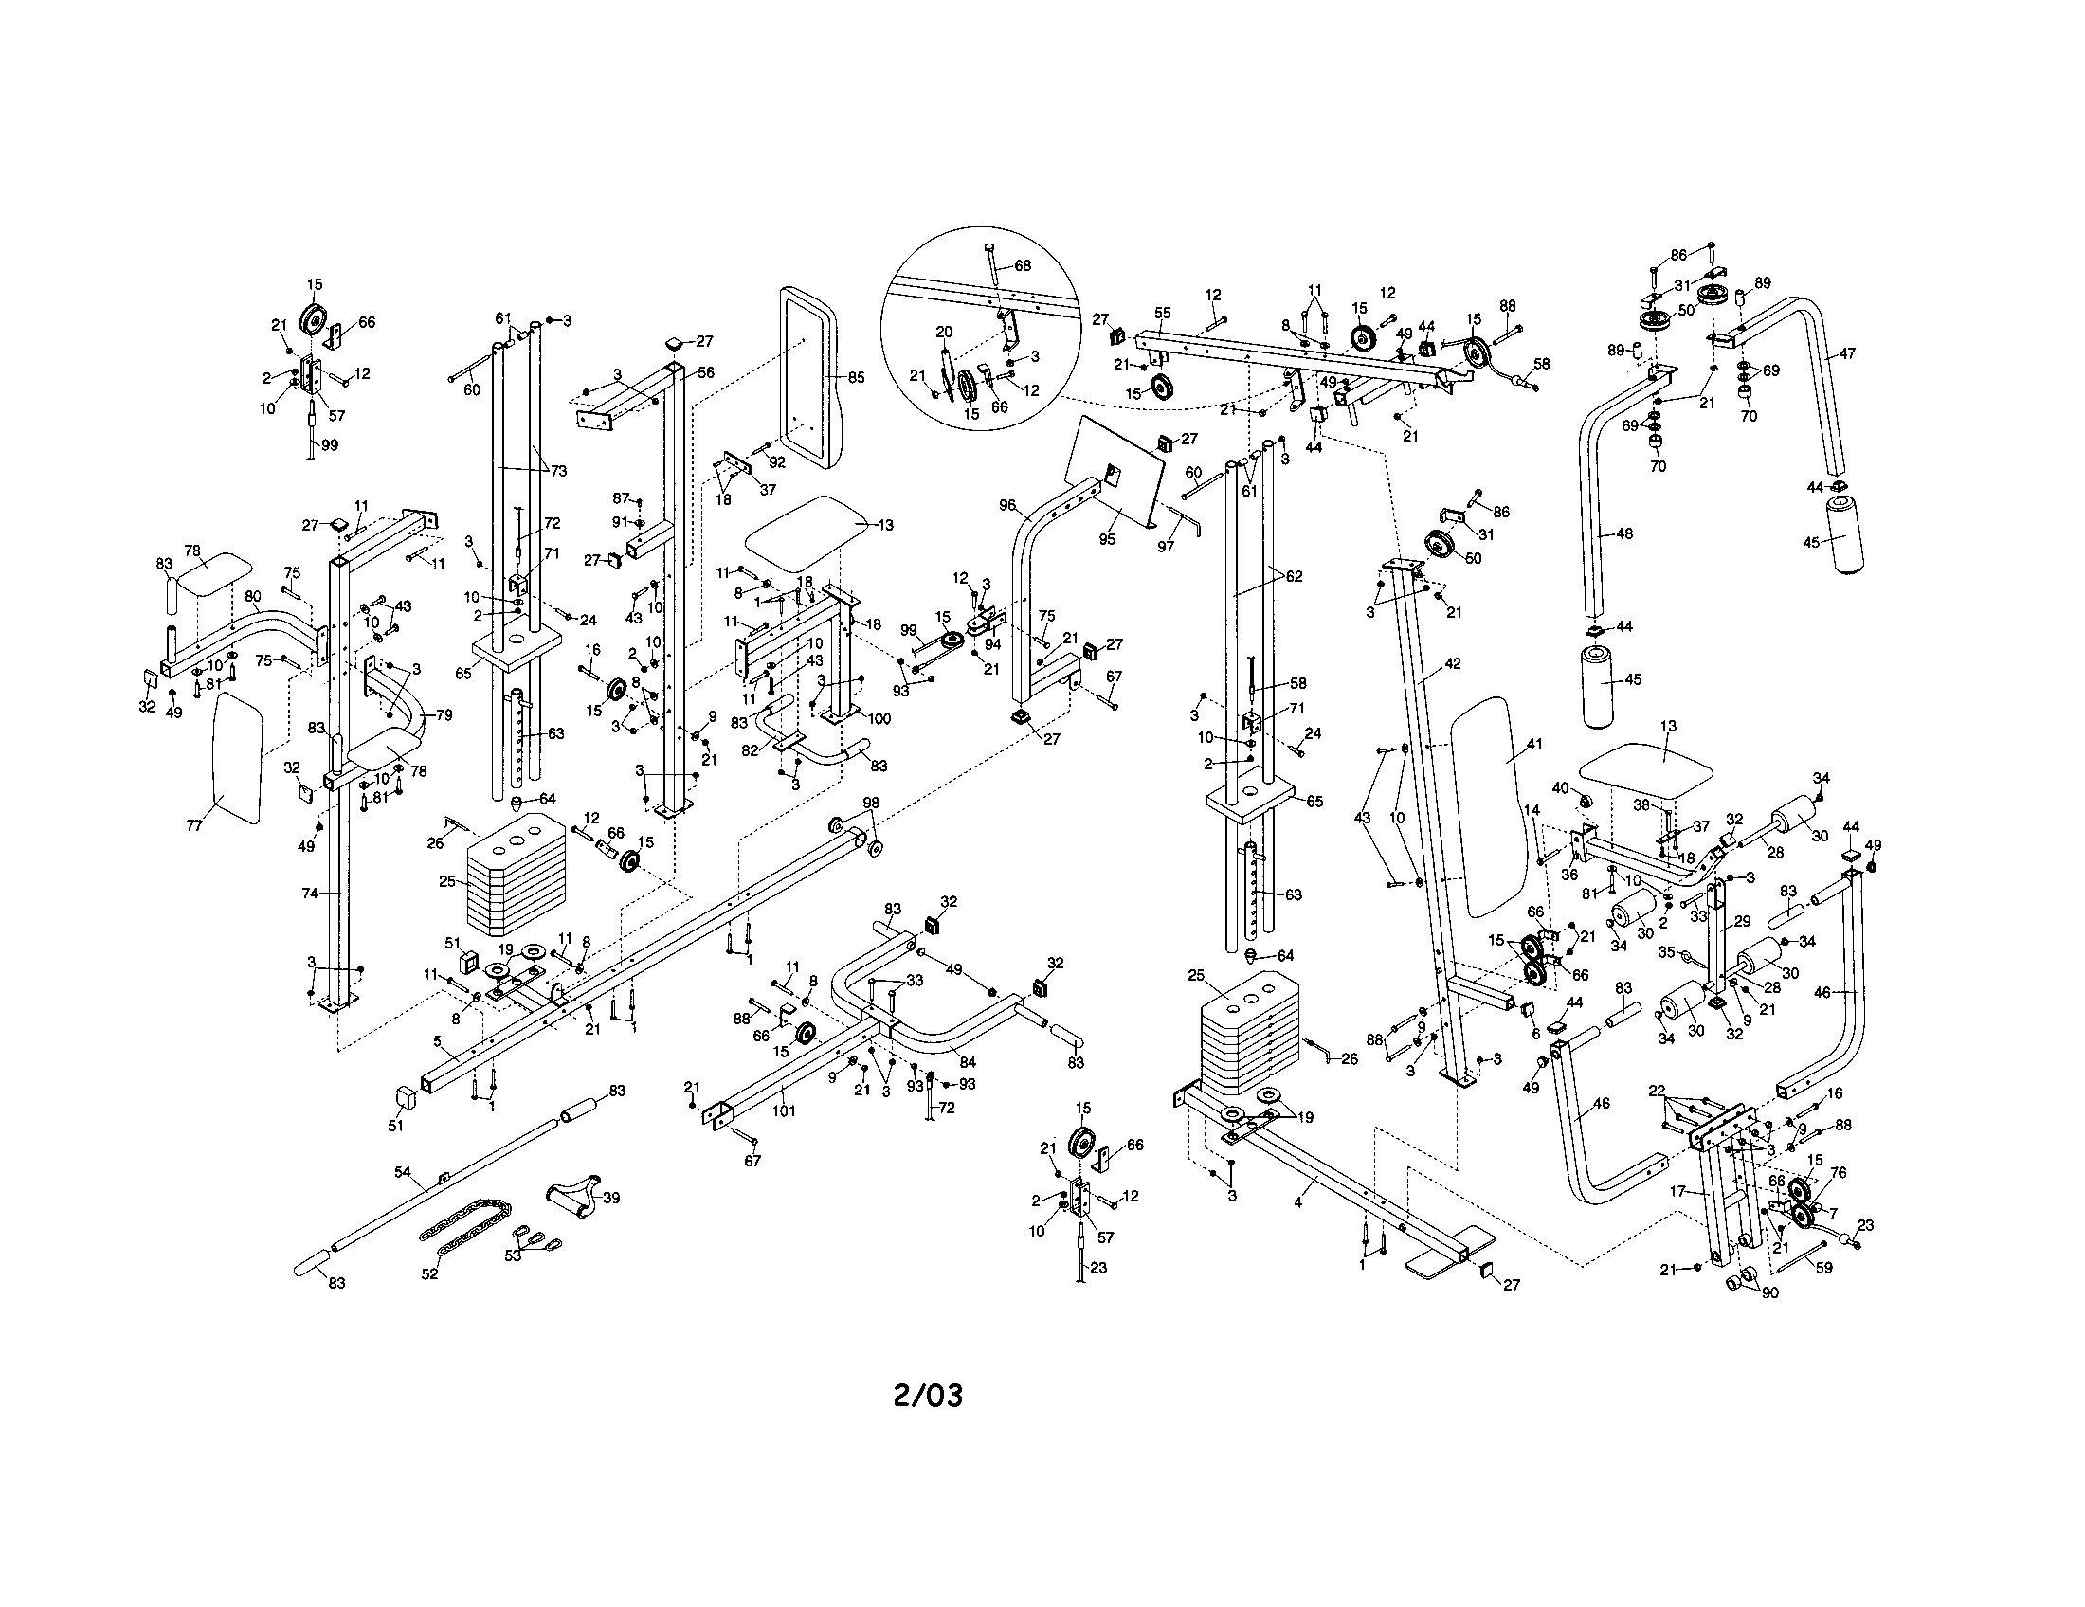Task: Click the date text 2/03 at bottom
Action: click(927, 1396)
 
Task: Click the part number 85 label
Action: click(856, 378)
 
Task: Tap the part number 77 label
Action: click(194, 825)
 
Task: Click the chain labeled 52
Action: click(465, 1231)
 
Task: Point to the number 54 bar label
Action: click(403, 1170)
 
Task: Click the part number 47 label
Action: click(1847, 353)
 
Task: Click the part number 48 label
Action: click(1623, 533)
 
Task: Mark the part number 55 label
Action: click(1162, 312)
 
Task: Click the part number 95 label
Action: click(1106, 539)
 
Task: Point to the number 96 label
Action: click(1006, 505)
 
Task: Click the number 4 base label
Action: click(1297, 1203)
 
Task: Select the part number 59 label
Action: click(1823, 1269)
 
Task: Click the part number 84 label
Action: click(969, 1063)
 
